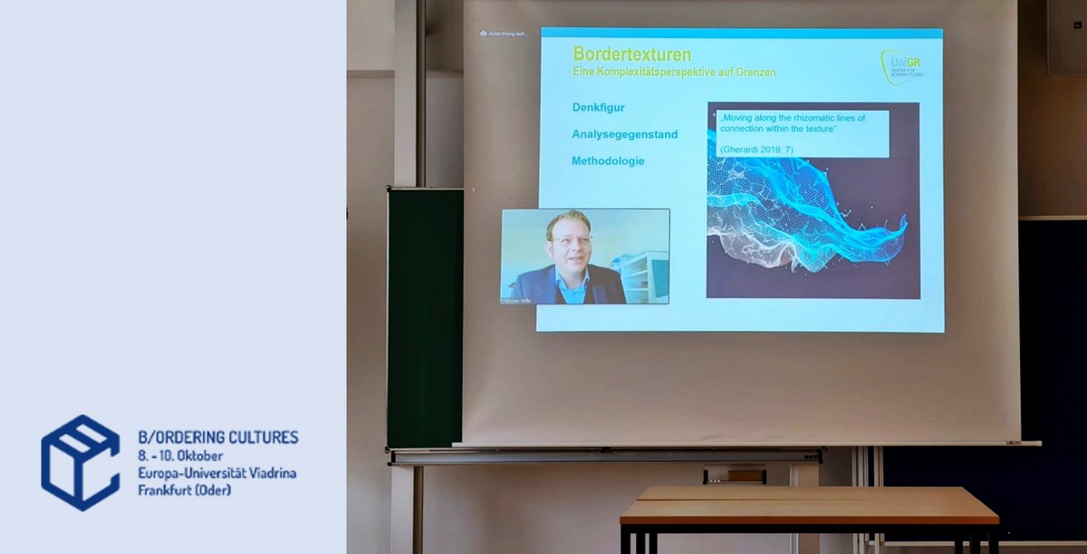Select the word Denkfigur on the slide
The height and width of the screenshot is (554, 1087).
coord(598,107)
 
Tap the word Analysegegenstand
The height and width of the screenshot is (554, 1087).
coord(624,134)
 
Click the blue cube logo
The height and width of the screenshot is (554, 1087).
coord(80,462)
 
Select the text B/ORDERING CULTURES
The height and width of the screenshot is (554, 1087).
coord(217,437)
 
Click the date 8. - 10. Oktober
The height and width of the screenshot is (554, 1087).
coord(180,455)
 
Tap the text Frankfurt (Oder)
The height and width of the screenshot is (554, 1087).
coord(184,491)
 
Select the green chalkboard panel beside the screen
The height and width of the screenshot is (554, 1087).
coord(425,317)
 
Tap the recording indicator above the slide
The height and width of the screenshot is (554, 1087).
coord(505,34)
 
